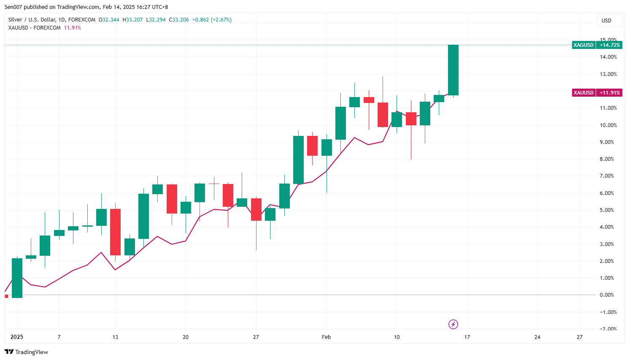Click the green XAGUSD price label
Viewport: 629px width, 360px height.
[x=583, y=45]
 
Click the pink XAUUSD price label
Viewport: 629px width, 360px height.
[x=583, y=93]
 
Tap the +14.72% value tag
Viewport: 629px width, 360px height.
[x=610, y=45]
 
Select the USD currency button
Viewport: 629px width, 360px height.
[x=606, y=21]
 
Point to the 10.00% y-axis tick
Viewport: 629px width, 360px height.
[x=608, y=125]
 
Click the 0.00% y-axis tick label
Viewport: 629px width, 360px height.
[x=607, y=295]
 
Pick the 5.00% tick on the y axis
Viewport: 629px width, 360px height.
[x=607, y=210]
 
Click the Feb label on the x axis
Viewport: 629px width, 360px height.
[x=326, y=337]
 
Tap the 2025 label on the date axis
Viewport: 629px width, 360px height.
[x=17, y=337]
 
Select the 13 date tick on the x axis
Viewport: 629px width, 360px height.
[x=115, y=337]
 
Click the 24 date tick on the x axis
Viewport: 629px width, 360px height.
[x=537, y=337]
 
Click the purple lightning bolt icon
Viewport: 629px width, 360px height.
[x=453, y=324]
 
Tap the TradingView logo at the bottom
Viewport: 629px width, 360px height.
[x=27, y=352]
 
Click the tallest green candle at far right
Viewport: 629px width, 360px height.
[x=453, y=70]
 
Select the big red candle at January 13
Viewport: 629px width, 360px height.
[x=115, y=232]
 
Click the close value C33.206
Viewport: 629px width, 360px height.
[x=179, y=20]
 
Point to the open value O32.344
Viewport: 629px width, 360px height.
[x=109, y=20]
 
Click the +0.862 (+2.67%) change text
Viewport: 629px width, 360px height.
[x=212, y=20]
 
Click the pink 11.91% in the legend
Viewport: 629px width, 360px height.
[x=72, y=28]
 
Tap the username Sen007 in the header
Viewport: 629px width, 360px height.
[x=13, y=7]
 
